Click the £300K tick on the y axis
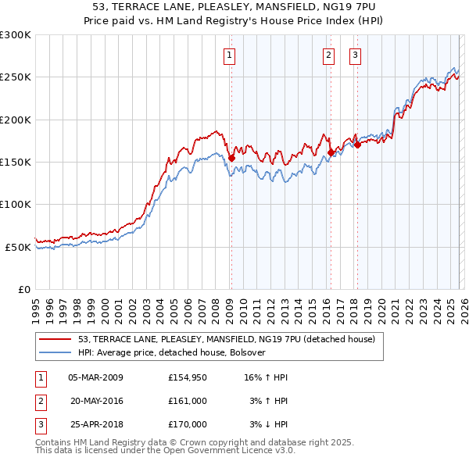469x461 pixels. [16, 35]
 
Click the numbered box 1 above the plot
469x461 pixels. [230, 55]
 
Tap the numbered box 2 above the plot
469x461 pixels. [328, 55]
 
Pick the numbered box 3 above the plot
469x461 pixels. [355, 55]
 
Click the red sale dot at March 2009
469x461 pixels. [231, 159]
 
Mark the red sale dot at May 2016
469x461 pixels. [331, 153]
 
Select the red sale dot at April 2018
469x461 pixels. [357, 145]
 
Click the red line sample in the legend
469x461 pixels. [55, 340]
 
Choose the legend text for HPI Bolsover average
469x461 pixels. [172, 352]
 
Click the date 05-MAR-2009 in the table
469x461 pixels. [96, 377]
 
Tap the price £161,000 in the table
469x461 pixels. [187, 401]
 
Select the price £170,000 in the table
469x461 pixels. [187, 424]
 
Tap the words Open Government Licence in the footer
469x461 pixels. [217, 451]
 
